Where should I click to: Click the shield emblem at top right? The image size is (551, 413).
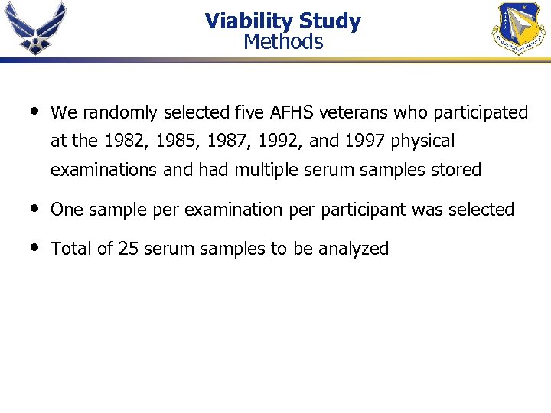517,28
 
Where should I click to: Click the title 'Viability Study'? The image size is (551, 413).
282,21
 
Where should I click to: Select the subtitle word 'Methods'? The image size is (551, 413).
283,41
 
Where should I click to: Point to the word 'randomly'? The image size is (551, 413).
116,113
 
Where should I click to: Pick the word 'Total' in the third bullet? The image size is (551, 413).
71,249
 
